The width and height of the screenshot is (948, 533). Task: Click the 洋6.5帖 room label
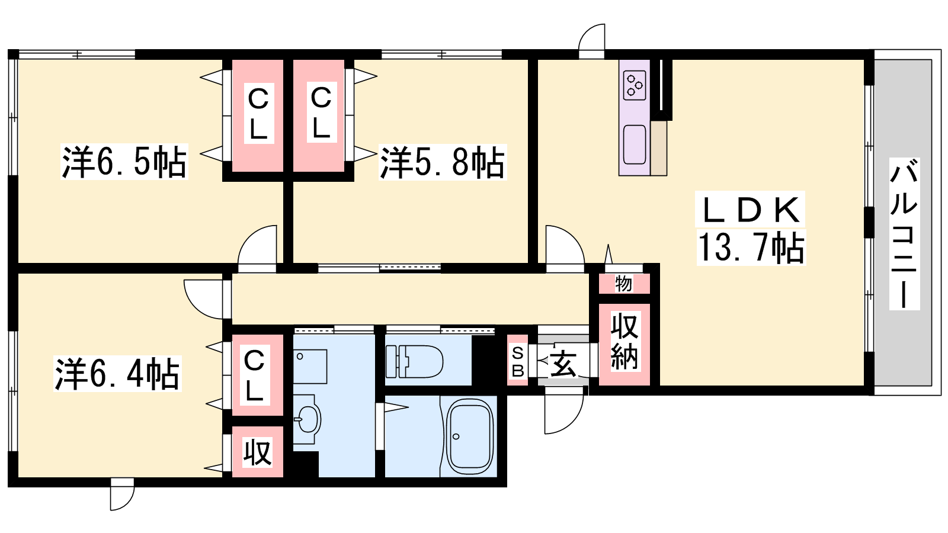[124, 162]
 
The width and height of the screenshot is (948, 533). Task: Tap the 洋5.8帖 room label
[443, 162]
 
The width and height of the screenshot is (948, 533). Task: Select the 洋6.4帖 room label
[117, 374]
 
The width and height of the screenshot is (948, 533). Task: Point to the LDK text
[750, 210]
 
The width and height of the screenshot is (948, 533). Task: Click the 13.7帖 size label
[751, 248]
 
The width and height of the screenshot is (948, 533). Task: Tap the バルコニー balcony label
[904, 233]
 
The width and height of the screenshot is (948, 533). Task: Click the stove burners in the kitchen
[635, 85]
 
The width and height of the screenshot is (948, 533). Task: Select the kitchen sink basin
[635, 145]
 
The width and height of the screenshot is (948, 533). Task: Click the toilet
[414, 361]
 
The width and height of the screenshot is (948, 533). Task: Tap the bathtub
[470, 436]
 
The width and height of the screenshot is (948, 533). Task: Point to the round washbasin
[308, 419]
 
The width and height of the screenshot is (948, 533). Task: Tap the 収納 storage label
[624, 341]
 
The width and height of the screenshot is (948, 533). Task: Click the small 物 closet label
[623, 284]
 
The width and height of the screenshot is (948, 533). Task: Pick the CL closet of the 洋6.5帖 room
[258, 115]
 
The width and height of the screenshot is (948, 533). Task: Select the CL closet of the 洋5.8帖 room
[319, 115]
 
